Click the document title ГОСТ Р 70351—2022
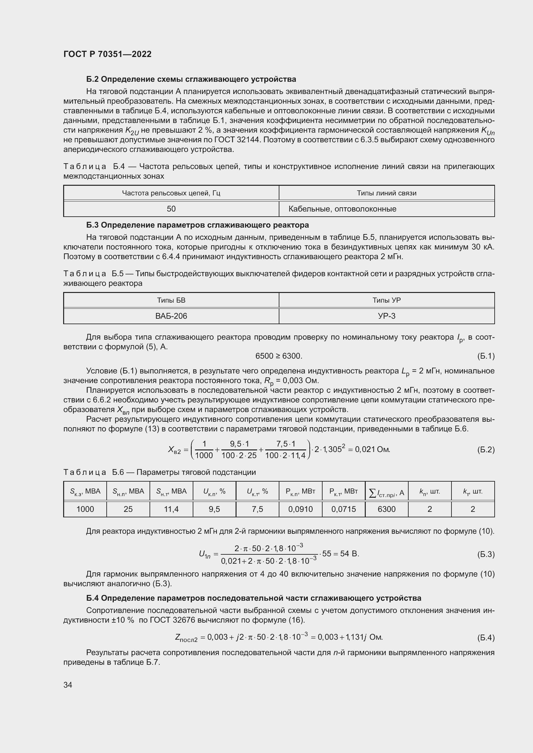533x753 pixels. point(107,54)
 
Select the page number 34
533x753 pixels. point(68,685)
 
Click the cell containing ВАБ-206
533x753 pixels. point(171,316)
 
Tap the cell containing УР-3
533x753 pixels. point(387,316)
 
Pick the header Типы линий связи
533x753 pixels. point(387,193)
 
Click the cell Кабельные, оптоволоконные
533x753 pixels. point(342,209)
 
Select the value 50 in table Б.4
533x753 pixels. point(171,209)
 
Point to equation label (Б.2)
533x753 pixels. point(486,450)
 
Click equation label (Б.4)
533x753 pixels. point(486,637)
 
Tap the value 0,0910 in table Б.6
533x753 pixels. point(300,509)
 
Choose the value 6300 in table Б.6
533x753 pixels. point(387,509)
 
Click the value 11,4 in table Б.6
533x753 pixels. point(171,509)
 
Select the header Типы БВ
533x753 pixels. point(171,300)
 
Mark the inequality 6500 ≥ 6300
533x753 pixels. point(279,356)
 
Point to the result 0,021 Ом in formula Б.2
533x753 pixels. point(373,449)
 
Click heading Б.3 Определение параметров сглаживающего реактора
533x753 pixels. point(197,225)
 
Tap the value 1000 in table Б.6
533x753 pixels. point(85,509)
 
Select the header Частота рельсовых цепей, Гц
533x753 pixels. point(171,193)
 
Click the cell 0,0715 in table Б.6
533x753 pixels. point(343,509)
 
